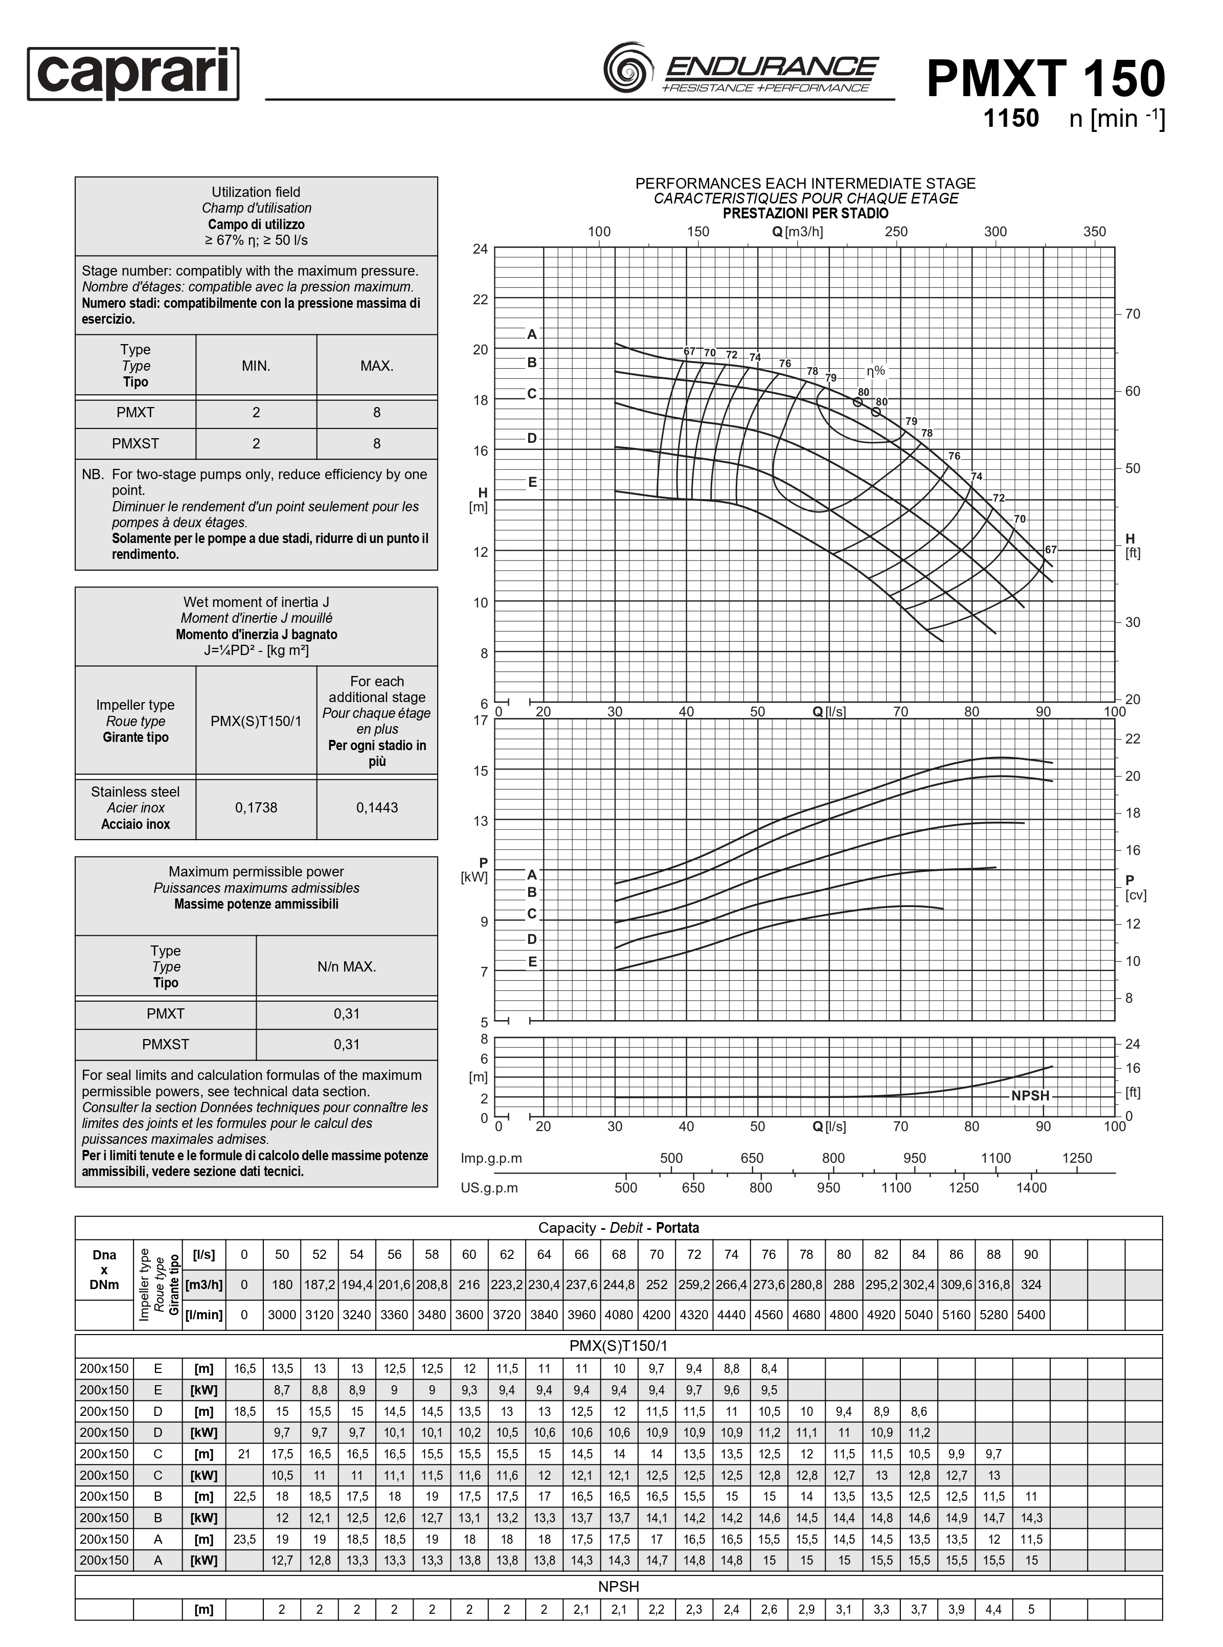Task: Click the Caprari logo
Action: point(133,74)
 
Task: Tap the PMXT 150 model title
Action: point(1045,79)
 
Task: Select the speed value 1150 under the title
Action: point(1010,119)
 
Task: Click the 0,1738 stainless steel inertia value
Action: point(256,807)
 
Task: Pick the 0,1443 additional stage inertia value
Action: point(377,807)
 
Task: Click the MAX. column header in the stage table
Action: point(377,366)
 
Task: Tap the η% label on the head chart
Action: point(876,371)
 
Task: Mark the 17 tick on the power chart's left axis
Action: point(481,720)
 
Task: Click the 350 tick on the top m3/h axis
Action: point(1094,232)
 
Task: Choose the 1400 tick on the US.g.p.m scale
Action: point(1031,1188)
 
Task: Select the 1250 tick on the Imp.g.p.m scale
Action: point(1076,1159)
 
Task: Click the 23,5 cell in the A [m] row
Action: point(244,1540)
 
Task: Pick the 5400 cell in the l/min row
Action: point(1031,1315)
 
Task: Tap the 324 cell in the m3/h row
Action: point(1031,1285)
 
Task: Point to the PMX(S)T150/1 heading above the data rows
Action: point(618,1346)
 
